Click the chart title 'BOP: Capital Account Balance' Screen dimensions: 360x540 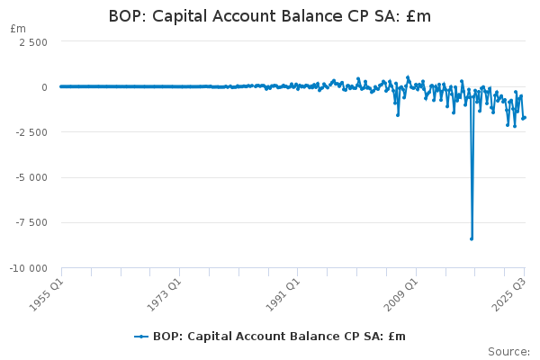point(269,16)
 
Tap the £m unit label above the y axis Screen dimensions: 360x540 point(18,29)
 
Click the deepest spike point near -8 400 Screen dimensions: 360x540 point(472,238)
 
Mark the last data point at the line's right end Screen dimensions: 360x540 point(524,117)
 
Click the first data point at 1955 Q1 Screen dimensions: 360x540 point(61,86)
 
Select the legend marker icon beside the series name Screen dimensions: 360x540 point(141,337)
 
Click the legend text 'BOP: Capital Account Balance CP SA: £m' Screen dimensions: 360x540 point(279,337)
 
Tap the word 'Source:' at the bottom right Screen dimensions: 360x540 point(508,351)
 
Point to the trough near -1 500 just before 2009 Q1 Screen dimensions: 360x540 point(398,114)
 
